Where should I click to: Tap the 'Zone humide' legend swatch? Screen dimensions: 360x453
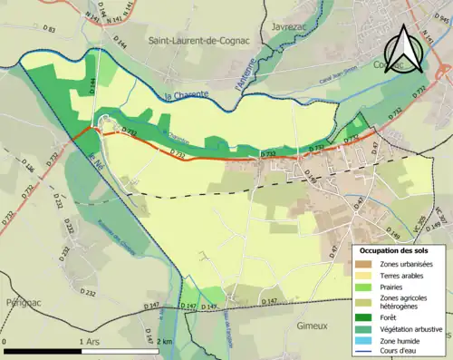point(367,331)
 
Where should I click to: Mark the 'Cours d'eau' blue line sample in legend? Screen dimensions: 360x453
point(367,345)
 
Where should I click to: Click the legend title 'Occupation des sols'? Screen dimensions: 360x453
point(395,249)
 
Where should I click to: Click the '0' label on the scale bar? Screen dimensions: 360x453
point(5,341)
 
